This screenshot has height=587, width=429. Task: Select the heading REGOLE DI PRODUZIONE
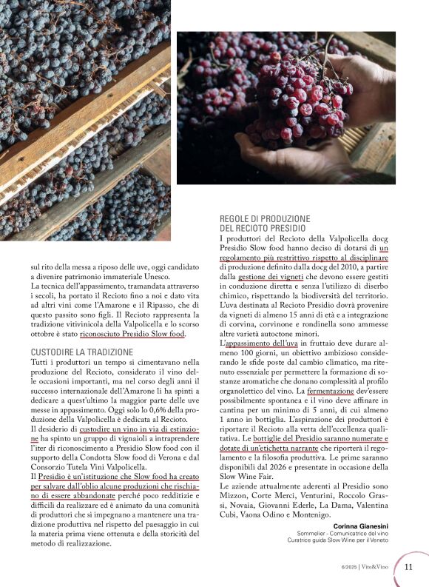[265, 219]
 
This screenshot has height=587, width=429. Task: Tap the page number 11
[409, 567]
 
